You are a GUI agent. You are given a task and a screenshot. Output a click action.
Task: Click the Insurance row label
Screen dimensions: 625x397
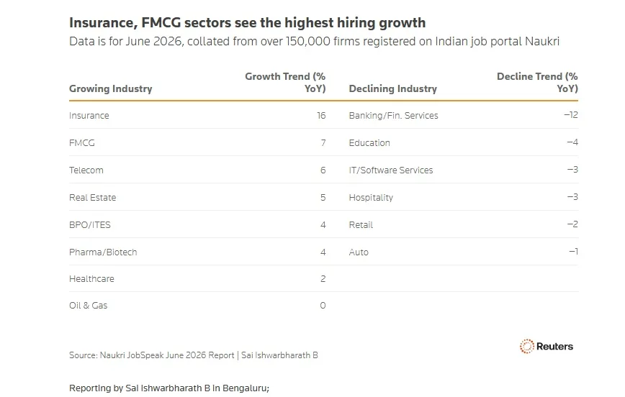89,116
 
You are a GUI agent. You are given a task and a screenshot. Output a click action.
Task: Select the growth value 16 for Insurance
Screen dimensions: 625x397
321,116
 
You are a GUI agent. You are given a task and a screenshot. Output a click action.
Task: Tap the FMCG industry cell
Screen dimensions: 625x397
81,143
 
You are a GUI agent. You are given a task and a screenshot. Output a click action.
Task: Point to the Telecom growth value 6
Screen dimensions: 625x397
323,170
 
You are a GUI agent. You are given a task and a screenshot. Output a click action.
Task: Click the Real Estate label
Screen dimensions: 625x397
92,198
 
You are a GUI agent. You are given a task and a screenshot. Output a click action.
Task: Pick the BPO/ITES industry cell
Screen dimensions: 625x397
90,225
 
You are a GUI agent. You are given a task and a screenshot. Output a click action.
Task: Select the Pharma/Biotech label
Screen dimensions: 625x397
103,252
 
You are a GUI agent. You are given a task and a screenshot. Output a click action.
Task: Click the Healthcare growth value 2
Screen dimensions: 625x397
323,279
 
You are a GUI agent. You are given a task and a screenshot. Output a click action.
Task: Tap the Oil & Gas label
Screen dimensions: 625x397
88,306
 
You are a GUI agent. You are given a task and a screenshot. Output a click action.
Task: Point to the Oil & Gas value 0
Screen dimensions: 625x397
323,306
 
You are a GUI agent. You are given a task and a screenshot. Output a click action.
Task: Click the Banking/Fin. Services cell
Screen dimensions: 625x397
393,116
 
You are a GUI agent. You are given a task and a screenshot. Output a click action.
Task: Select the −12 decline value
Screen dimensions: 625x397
571,115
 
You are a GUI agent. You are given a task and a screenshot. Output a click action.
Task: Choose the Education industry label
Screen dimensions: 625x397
369,143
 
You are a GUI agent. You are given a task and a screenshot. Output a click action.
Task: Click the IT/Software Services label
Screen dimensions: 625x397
390,170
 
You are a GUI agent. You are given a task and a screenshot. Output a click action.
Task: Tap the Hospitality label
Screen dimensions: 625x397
371,198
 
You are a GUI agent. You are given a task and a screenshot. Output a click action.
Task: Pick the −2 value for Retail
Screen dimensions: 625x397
572,224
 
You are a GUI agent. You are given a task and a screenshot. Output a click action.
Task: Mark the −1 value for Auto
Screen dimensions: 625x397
574,251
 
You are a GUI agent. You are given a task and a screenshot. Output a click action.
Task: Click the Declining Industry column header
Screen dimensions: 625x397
393,88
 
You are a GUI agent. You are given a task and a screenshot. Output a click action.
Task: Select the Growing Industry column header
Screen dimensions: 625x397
110,88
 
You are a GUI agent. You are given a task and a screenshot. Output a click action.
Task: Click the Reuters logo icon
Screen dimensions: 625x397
526,347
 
